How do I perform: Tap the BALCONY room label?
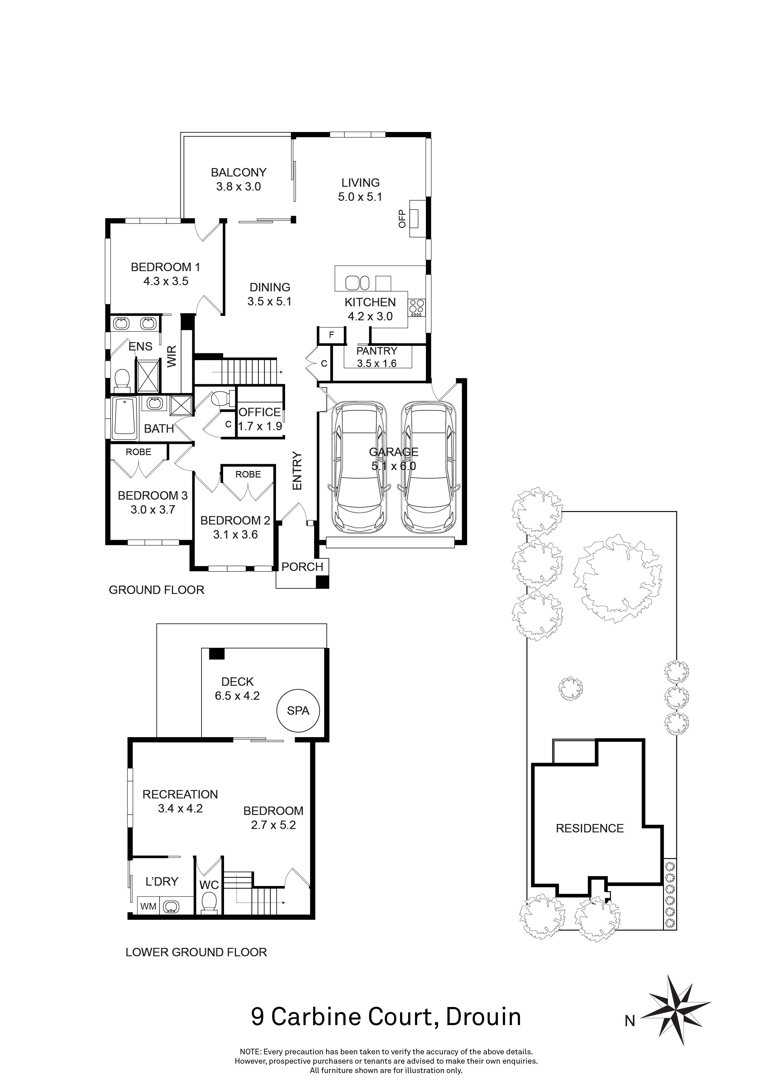coord(238,173)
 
